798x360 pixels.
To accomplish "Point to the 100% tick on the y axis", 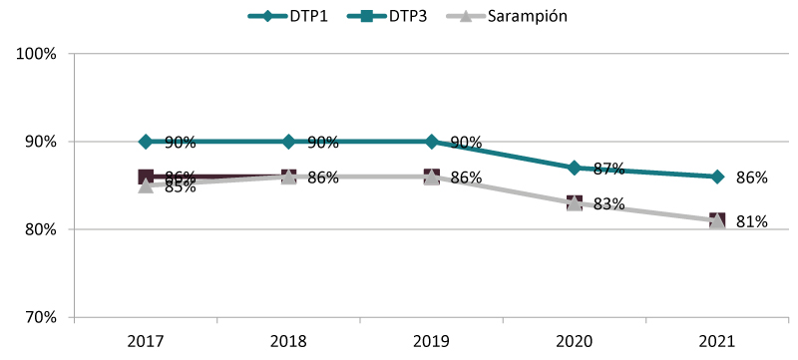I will click(38, 54).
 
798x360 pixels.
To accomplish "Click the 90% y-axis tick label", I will click(41, 142).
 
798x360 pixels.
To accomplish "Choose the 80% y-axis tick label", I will click(41, 229).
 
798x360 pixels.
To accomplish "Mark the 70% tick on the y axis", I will click(41, 317).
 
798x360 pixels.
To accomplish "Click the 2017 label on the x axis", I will click(146, 342).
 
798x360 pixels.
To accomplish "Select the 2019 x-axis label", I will click(431, 342).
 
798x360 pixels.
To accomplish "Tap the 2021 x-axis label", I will click(717, 342).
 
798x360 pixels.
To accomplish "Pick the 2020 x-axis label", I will click(575, 342).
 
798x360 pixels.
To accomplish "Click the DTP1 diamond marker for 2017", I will click(146, 142).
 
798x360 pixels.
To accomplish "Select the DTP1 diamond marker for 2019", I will click(431, 142).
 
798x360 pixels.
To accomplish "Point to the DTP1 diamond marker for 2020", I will click(575, 168).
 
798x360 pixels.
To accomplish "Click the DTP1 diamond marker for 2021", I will click(717, 177).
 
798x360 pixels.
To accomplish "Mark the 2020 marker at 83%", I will click(575, 203).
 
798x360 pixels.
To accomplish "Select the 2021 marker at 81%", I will click(717, 220).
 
